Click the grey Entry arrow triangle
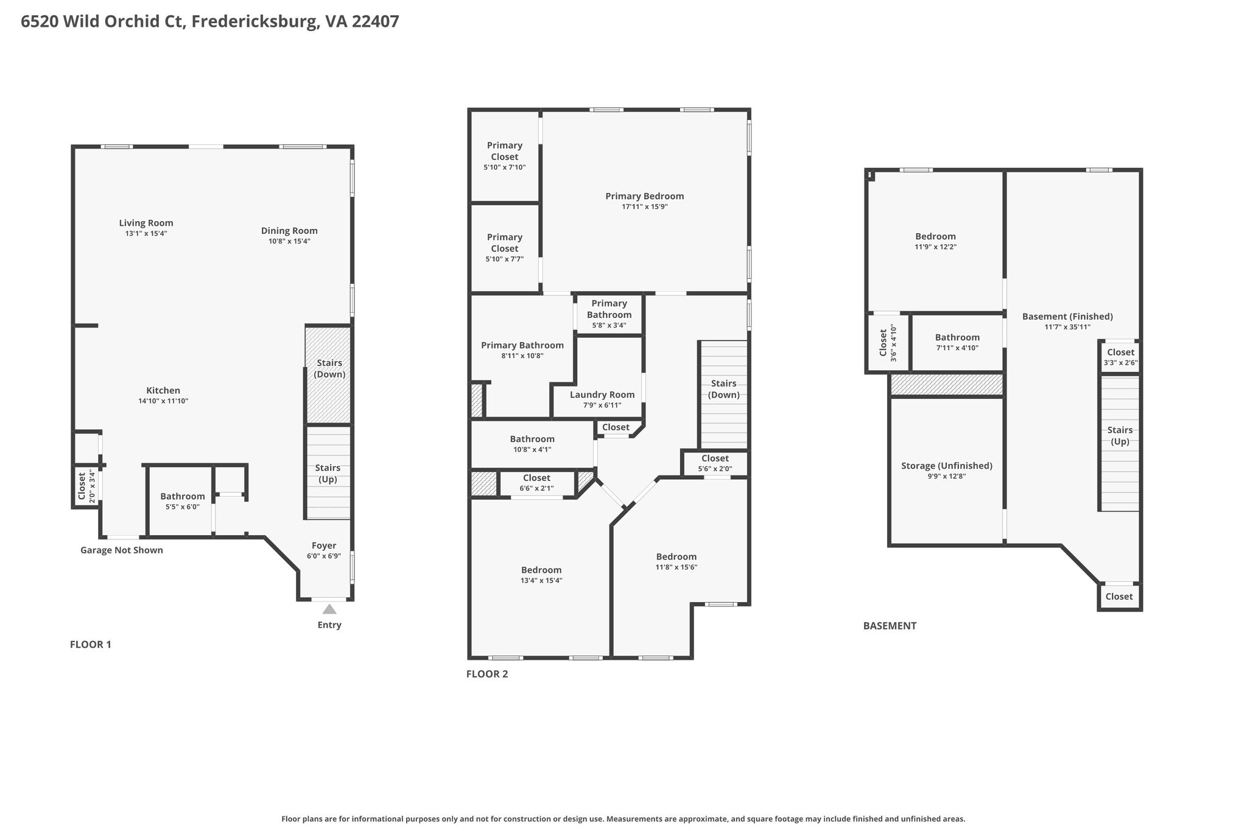click(x=329, y=609)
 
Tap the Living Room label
click(x=146, y=223)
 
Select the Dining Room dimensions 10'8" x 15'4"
click(x=290, y=241)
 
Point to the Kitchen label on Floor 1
click(x=163, y=390)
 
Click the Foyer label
click(x=324, y=545)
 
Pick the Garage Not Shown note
click(x=122, y=550)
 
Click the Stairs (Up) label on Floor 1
click(x=328, y=474)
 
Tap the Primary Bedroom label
click(x=645, y=196)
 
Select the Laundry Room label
click(x=602, y=394)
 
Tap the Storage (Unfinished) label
click(x=947, y=466)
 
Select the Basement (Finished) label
click(x=1067, y=317)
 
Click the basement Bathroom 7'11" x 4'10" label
click(x=958, y=337)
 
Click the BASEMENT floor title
click(x=890, y=626)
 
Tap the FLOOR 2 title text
click(x=487, y=674)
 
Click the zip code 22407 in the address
click(x=376, y=22)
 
